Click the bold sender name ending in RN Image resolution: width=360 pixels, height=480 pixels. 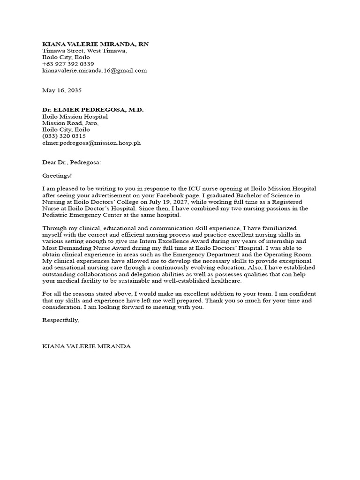tap(95, 44)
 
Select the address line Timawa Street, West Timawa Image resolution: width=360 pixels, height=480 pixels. tap(84, 51)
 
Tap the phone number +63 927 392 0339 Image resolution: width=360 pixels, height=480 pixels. tap(68, 64)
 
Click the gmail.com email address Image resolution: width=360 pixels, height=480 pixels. tap(95, 70)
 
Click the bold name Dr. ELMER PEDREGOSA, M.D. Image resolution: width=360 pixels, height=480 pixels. tap(93, 109)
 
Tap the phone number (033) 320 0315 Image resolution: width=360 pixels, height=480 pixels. tap(64, 136)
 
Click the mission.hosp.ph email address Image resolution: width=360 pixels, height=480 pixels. tap(91, 142)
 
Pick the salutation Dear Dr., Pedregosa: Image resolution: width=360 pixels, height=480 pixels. tap(72, 162)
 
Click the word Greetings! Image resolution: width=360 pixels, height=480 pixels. tap(57, 175)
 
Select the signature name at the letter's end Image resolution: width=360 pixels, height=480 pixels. tap(87, 346)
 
